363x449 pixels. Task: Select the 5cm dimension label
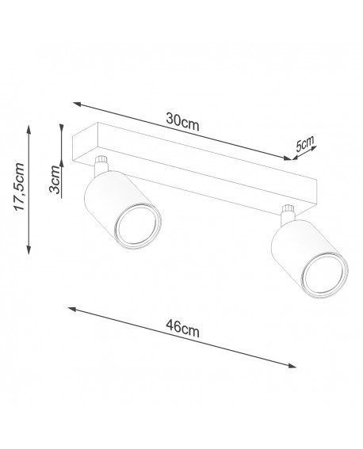(x=304, y=146)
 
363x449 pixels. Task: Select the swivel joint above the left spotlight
(x=101, y=165)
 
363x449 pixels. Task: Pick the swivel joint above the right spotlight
(x=288, y=211)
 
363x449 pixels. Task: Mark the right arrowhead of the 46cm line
(x=292, y=366)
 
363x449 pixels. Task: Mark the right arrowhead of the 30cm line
(x=287, y=158)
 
